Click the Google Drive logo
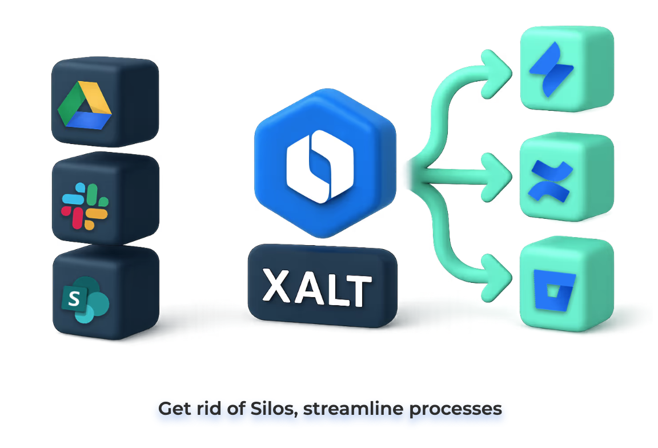click(85, 106)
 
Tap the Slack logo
click(85, 206)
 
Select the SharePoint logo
click(85, 299)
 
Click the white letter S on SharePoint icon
click(74, 298)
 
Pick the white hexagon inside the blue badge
click(320, 166)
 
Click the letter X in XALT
click(277, 285)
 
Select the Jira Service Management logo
click(551, 69)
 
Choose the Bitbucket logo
click(555, 290)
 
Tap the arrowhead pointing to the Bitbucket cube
click(497, 278)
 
